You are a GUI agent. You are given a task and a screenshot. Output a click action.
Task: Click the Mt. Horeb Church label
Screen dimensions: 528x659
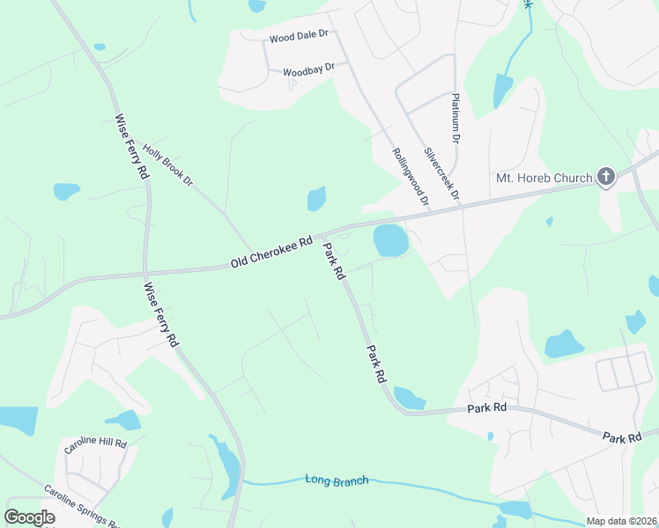544,178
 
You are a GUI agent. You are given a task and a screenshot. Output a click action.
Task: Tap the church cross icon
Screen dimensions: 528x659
605,177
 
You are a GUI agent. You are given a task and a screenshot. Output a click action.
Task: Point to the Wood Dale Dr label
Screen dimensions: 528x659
299,37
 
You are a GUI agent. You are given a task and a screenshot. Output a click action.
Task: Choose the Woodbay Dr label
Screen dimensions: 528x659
309,68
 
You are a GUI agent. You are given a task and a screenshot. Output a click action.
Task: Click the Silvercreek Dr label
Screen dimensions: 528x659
442,172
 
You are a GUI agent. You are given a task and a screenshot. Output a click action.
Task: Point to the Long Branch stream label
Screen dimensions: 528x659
337,480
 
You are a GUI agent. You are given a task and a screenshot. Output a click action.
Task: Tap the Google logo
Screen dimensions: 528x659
29,517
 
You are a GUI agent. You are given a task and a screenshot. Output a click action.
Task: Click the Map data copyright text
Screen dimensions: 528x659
622,521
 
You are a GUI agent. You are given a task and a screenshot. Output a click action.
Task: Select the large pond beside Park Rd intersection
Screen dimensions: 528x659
391,239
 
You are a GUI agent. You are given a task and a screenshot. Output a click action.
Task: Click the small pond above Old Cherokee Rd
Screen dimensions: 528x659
316,199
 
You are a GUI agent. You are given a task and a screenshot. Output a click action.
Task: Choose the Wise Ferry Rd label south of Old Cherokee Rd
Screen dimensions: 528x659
161,312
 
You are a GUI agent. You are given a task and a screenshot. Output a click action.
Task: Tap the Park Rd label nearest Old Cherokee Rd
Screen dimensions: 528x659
334,261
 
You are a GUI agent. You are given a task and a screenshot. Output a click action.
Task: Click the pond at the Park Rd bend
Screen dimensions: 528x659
408,398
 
